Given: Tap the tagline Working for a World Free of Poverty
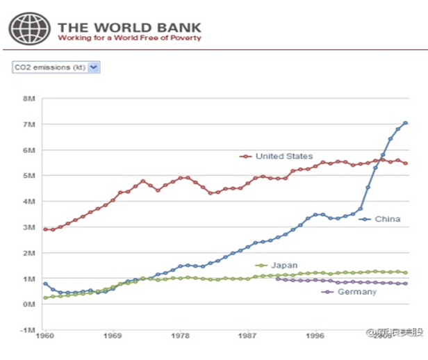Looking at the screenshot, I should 129,38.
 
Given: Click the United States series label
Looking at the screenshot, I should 283,156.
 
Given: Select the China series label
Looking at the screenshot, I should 387,220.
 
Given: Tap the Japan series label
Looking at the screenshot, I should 284,265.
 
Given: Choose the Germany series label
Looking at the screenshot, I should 356,292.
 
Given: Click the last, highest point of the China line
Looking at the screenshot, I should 405,123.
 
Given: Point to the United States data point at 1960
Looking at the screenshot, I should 46,229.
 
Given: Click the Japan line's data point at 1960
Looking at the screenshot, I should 46,297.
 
